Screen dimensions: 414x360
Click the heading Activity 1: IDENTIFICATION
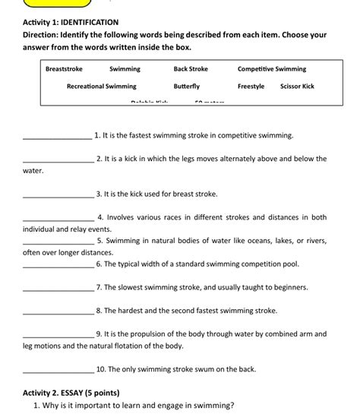click(x=71, y=22)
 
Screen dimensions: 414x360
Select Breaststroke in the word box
click(x=64, y=69)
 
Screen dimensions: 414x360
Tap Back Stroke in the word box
click(x=191, y=69)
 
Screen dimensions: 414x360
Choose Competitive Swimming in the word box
click(x=272, y=69)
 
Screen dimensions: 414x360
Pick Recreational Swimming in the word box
click(x=102, y=87)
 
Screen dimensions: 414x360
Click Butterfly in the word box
click(x=186, y=87)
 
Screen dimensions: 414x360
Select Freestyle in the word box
click(x=251, y=87)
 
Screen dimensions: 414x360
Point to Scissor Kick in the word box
click(x=297, y=87)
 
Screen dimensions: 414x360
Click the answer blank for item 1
click(x=58, y=137)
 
